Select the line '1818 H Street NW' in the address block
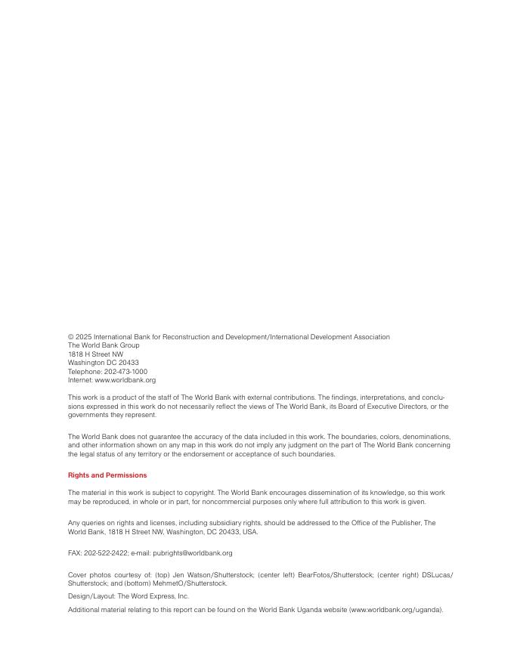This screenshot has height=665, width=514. (x=95, y=354)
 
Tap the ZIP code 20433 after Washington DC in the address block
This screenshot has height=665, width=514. (x=129, y=363)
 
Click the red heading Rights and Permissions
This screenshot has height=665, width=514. (x=107, y=475)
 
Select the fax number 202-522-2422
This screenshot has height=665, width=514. (x=102, y=553)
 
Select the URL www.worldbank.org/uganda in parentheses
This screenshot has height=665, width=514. (x=395, y=610)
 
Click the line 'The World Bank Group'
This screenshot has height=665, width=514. (x=104, y=345)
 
